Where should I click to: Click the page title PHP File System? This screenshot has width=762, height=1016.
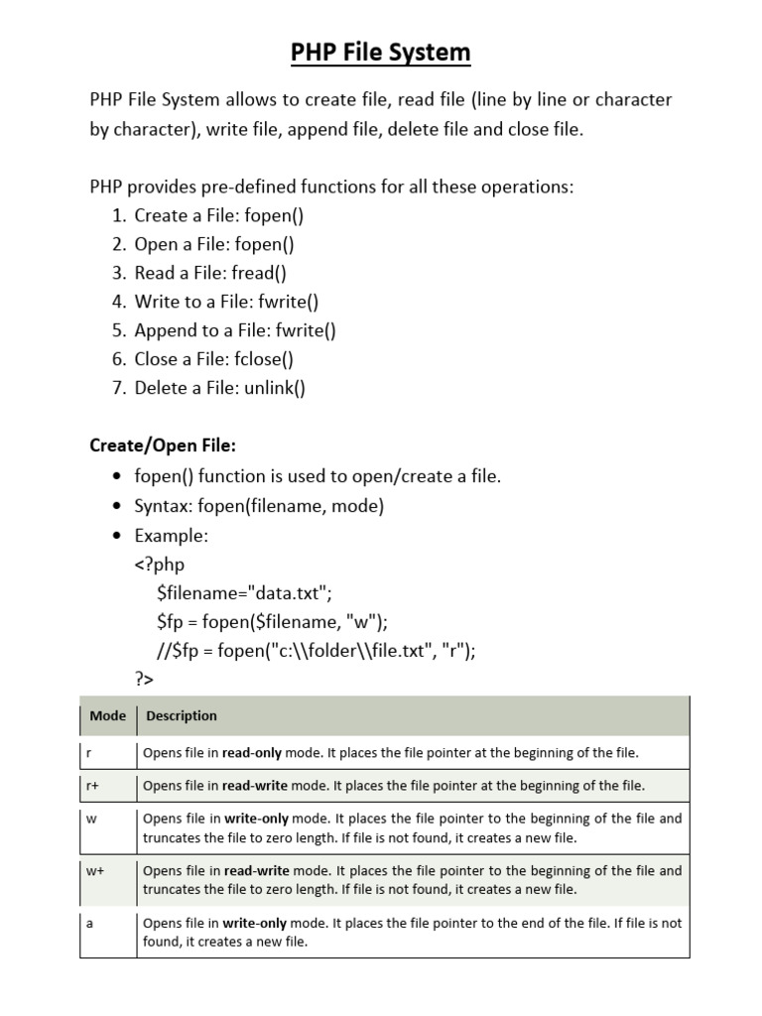tap(380, 52)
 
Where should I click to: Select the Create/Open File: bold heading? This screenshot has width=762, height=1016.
tap(164, 445)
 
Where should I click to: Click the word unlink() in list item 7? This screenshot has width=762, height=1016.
tap(271, 388)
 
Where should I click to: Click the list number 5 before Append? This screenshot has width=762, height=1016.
tap(118, 330)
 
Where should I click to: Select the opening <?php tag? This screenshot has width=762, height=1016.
tap(160, 565)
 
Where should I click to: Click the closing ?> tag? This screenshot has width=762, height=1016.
tap(145, 680)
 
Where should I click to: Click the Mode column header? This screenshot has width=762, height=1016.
tap(107, 715)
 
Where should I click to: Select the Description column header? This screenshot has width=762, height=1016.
tap(182, 715)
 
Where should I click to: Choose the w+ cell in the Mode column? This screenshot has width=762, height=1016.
tap(96, 871)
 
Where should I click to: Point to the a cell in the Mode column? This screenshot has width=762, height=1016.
tap(90, 923)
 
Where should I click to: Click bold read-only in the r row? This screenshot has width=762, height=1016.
tap(254, 753)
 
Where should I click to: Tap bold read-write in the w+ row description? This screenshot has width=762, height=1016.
tap(255, 871)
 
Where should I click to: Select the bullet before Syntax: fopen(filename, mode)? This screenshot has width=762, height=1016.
tap(118, 507)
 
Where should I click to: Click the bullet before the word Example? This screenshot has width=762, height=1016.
tap(118, 536)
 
